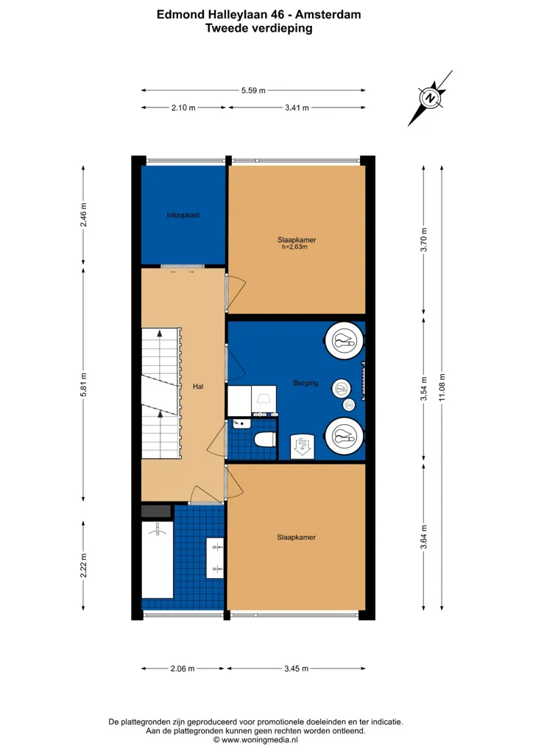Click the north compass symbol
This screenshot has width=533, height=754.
(430, 98)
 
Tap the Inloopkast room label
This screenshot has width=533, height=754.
(183, 215)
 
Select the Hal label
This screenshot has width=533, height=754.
(198, 386)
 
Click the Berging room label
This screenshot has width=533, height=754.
(306, 383)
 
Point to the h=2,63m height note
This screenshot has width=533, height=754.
(294, 247)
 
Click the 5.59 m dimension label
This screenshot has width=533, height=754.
(253, 91)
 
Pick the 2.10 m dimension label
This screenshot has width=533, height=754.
(183, 108)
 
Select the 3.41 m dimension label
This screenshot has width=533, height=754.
(297, 108)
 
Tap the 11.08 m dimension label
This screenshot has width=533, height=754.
(442, 387)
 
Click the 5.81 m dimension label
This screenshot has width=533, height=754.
(84, 384)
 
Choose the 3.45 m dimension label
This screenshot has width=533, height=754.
(296, 669)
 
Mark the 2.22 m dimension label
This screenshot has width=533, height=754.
(84, 565)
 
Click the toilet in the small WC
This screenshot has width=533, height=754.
(265, 439)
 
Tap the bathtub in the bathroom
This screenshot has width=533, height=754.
(158, 560)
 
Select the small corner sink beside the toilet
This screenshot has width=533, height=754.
(241, 424)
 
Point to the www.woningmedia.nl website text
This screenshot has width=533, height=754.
(260, 740)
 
